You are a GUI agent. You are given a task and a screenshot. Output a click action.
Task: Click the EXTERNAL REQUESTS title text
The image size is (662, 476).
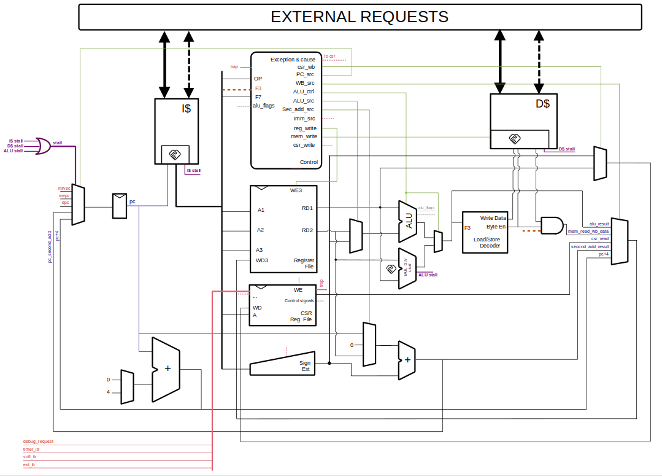[x=360, y=17]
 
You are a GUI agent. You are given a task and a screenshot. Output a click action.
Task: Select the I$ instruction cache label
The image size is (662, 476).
[x=187, y=109]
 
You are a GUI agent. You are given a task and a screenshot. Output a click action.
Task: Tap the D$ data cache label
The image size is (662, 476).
[x=542, y=104]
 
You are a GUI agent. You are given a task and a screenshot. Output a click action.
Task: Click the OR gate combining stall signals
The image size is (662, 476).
[x=44, y=146]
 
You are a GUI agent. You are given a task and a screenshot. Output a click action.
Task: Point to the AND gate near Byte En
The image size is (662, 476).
[x=552, y=225]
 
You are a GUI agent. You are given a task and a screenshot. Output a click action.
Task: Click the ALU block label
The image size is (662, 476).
[x=409, y=220]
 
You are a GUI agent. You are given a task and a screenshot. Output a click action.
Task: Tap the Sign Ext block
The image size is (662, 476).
[x=304, y=366]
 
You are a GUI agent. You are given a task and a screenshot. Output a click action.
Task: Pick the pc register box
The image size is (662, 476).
[x=119, y=206]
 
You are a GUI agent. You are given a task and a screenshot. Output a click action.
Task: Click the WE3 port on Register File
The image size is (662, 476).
[x=296, y=190]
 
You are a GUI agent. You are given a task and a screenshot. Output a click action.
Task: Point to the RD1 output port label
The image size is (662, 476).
[x=307, y=208]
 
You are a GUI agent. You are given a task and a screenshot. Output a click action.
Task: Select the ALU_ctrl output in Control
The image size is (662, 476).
[x=304, y=92]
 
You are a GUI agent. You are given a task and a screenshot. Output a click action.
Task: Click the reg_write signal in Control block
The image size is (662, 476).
[x=305, y=128]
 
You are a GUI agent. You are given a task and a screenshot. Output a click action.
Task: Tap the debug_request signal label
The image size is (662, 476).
[x=38, y=441]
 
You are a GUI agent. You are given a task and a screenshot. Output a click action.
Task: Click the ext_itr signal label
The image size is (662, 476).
[x=29, y=465]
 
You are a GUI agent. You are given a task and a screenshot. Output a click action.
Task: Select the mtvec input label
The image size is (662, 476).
[x=64, y=188]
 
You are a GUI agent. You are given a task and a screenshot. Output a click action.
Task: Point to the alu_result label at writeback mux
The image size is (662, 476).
[x=599, y=224]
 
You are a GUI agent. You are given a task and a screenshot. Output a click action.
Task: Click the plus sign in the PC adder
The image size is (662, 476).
[x=167, y=369]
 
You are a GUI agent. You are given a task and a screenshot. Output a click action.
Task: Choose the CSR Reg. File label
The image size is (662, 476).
[x=301, y=316]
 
